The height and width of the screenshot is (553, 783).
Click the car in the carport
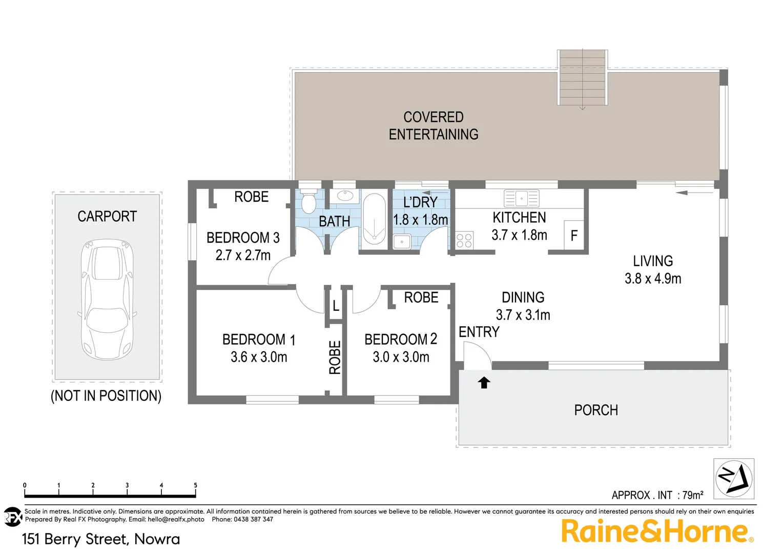107,300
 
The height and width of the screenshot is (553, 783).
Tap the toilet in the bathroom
308,203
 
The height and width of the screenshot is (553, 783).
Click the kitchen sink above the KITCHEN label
522,198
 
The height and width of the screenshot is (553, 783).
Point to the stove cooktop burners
464,241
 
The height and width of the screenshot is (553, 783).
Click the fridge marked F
574,235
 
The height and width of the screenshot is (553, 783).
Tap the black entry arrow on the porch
484,382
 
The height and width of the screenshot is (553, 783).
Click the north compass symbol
734,479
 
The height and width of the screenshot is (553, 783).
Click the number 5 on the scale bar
195,485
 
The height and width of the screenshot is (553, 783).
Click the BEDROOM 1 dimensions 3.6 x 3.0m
259,357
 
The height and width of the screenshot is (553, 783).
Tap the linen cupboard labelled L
336,306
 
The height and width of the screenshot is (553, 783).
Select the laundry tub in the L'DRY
402,241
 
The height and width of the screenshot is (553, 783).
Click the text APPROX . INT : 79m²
657,495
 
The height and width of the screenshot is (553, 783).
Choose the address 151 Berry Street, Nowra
101,539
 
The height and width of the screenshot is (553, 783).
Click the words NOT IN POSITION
106,396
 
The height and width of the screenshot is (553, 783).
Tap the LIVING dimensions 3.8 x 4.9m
653,279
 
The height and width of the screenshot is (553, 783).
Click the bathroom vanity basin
344,196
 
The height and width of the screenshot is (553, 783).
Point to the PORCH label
596,410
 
